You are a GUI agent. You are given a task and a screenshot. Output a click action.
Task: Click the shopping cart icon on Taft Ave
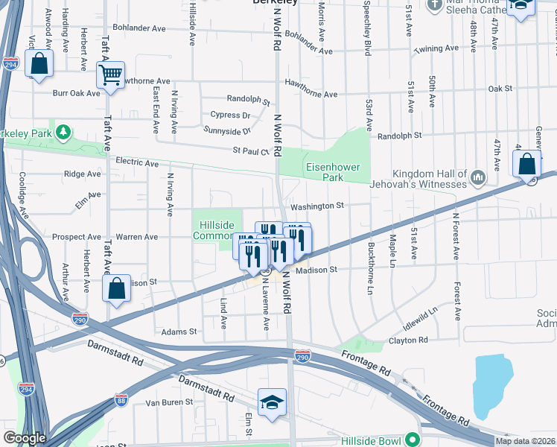[110, 74]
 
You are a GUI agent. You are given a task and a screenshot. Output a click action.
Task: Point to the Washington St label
[316, 206]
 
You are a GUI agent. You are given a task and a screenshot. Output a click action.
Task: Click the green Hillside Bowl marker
[410, 441]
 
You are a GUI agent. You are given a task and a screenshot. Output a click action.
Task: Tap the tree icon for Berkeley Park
[65, 133]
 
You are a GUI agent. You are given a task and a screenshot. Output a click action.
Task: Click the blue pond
[492, 388]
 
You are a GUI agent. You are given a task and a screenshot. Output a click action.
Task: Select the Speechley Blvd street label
[367, 34]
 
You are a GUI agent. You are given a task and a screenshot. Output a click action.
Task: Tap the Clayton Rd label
[408, 340]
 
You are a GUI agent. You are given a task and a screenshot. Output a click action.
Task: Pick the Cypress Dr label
[231, 115]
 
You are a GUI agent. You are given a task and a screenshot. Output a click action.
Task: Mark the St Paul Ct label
[250, 150]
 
